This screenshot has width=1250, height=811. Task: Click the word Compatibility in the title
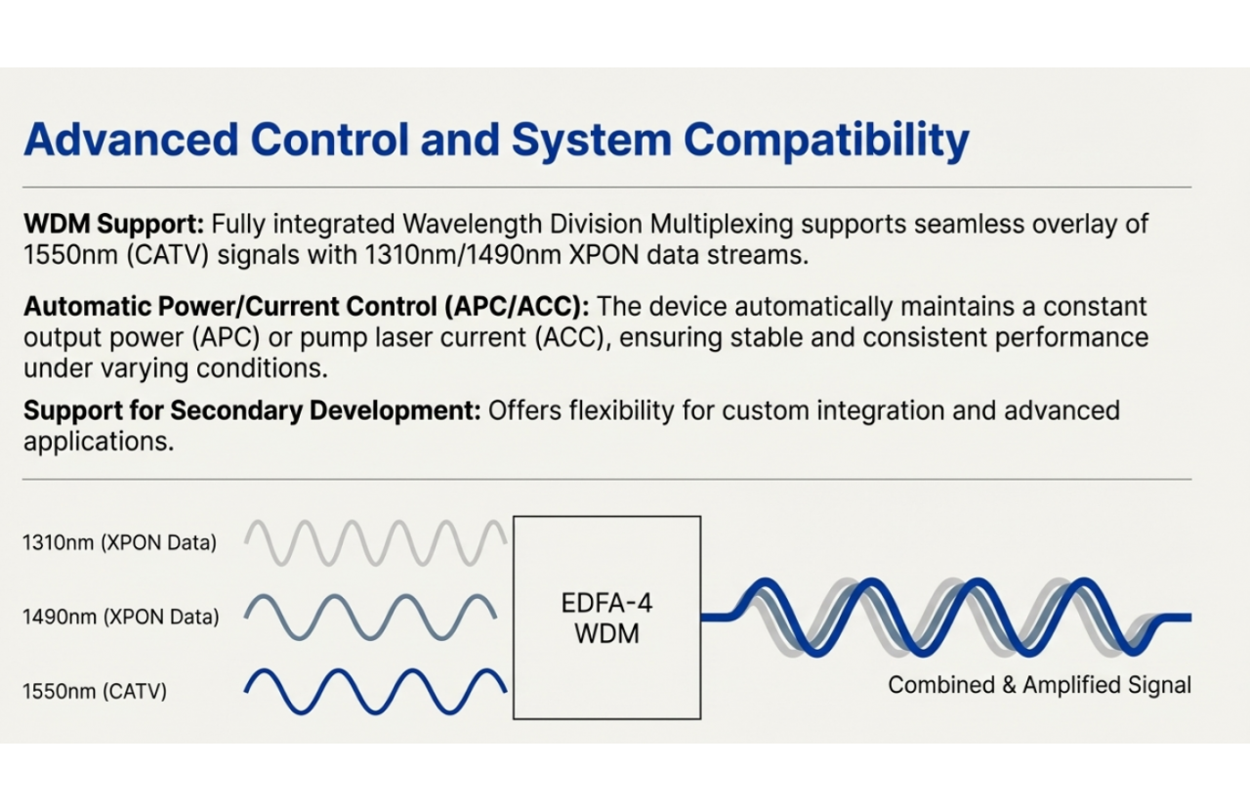click(826, 140)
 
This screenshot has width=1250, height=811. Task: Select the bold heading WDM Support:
click(114, 224)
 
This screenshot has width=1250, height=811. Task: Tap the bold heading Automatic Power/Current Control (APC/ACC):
click(307, 307)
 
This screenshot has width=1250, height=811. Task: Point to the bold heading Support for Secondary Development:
click(252, 410)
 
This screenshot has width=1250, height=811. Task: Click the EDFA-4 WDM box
click(606, 618)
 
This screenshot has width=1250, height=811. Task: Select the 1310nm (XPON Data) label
click(119, 542)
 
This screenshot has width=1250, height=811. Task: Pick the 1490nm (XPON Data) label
click(120, 617)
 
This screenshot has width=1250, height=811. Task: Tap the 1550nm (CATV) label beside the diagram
click(95, 691)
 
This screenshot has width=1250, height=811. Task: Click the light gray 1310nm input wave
click(376, 542)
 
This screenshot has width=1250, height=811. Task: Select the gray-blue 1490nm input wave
click(371, 617)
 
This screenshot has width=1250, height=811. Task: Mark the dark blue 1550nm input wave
click(376, 691)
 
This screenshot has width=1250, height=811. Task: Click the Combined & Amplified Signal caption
click(1039, 685)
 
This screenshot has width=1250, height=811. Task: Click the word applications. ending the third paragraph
click(99, 442)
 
